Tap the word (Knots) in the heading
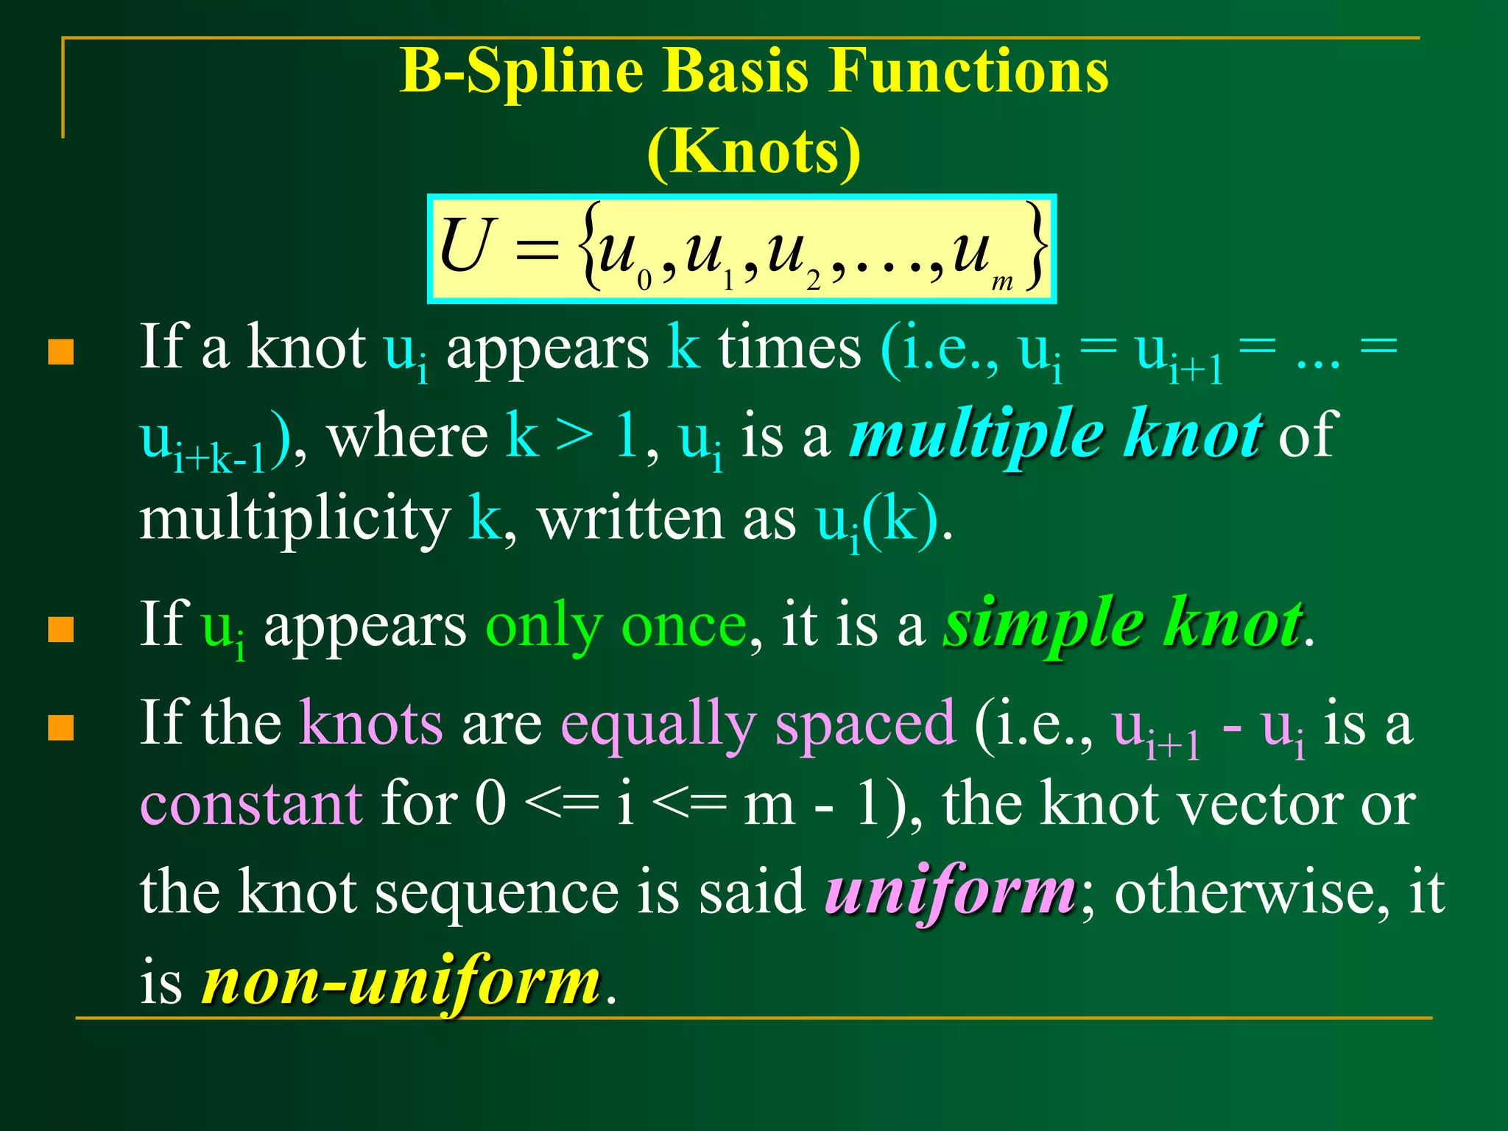pos(753,151)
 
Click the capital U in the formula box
pos(465,247)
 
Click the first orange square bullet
pos(61,352)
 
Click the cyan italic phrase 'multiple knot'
pos(1056,434)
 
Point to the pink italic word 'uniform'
pos(950,891)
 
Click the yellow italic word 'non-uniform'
pos(401,981)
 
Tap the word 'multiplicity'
pos(295,520)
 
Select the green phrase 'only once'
pos(616,627)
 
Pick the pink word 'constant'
pos(251,804)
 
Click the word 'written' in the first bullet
pos(630,520)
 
